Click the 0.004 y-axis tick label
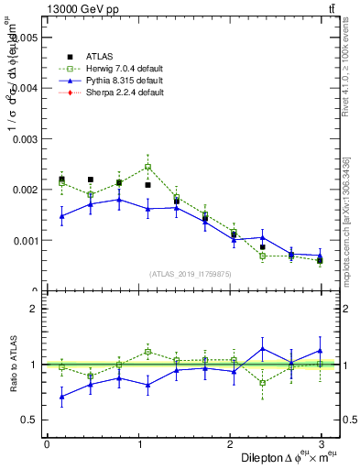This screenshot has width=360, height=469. pyautogui.click(x=23, y=89)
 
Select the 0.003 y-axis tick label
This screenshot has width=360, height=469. pyautogui.click(x=23, y=139)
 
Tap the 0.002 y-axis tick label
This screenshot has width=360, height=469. pyautogui.click(x=23, y=191)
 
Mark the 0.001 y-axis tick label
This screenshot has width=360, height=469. pyautogui.click(x=23, y=241)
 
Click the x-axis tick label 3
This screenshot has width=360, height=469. pyautogui.click(x=321, y=443)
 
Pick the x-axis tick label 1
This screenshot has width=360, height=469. pyautogui.click(x=138, y=443)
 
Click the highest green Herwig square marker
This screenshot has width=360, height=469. pyautogui.click(x=147, y=167)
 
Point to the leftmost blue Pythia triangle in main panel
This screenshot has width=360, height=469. pyautogui.click(x=61, y=216)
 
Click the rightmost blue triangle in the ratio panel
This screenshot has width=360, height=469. pyautogui.click(x=320, y=350)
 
